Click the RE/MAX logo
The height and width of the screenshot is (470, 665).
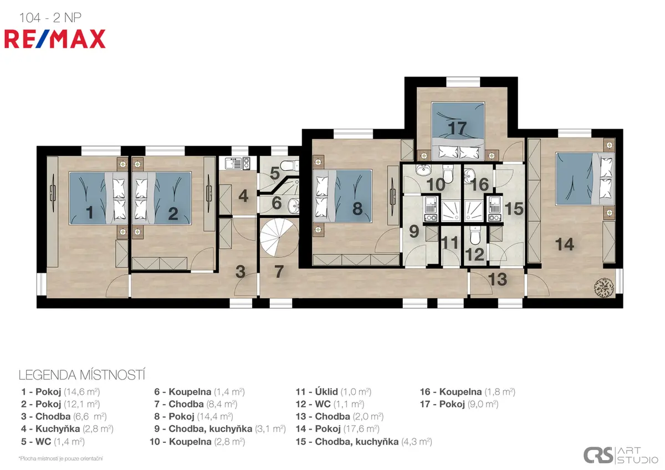click(55, 39)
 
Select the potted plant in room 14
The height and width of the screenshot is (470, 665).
click(603, 287)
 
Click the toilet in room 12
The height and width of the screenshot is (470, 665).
click(475, 235)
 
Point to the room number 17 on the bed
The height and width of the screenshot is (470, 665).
click(458, 129)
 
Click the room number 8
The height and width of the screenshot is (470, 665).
click(357, 208)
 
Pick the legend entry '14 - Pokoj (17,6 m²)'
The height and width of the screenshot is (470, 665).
click(337, 429)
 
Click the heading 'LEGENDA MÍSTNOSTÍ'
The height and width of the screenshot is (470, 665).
click(82, 375)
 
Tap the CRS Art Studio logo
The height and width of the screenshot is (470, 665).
click(621, 455)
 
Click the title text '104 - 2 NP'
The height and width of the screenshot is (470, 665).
click(50, 18)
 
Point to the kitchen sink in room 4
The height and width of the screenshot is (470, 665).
click(234, 163)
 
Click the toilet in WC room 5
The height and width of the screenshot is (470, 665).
click(290, 165)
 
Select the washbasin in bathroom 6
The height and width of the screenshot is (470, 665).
click(294, 205)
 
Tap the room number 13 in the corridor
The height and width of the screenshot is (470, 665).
click(498, 279)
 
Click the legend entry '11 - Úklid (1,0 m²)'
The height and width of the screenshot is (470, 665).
click(334, 392)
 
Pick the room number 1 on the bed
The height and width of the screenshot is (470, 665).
click(90, 212)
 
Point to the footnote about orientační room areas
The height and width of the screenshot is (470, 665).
click(60, 458)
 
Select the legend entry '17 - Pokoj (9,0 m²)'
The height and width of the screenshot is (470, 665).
click(459, 404)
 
